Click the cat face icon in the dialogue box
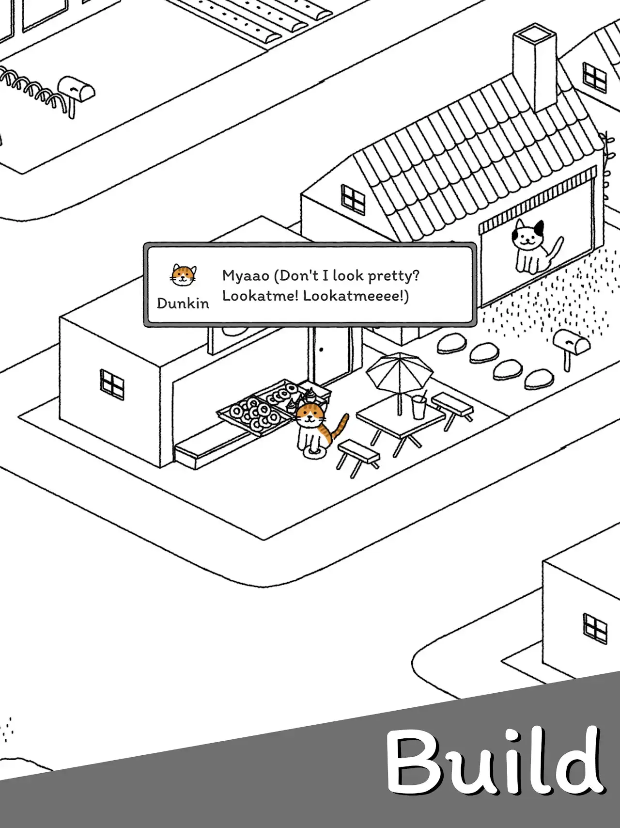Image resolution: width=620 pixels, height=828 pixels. pos(184,275)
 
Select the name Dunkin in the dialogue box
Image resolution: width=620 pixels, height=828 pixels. pos(183,303)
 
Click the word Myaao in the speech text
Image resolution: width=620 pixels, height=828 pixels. pos(246,276)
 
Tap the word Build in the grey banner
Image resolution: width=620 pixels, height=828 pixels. pos(495,761)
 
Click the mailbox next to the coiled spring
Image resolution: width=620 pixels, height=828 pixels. pos(76,93)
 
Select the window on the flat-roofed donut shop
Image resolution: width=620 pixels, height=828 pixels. pos(112,385)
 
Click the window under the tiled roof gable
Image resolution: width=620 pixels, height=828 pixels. pos(353,199)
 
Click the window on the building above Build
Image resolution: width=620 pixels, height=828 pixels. pos(595,628)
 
